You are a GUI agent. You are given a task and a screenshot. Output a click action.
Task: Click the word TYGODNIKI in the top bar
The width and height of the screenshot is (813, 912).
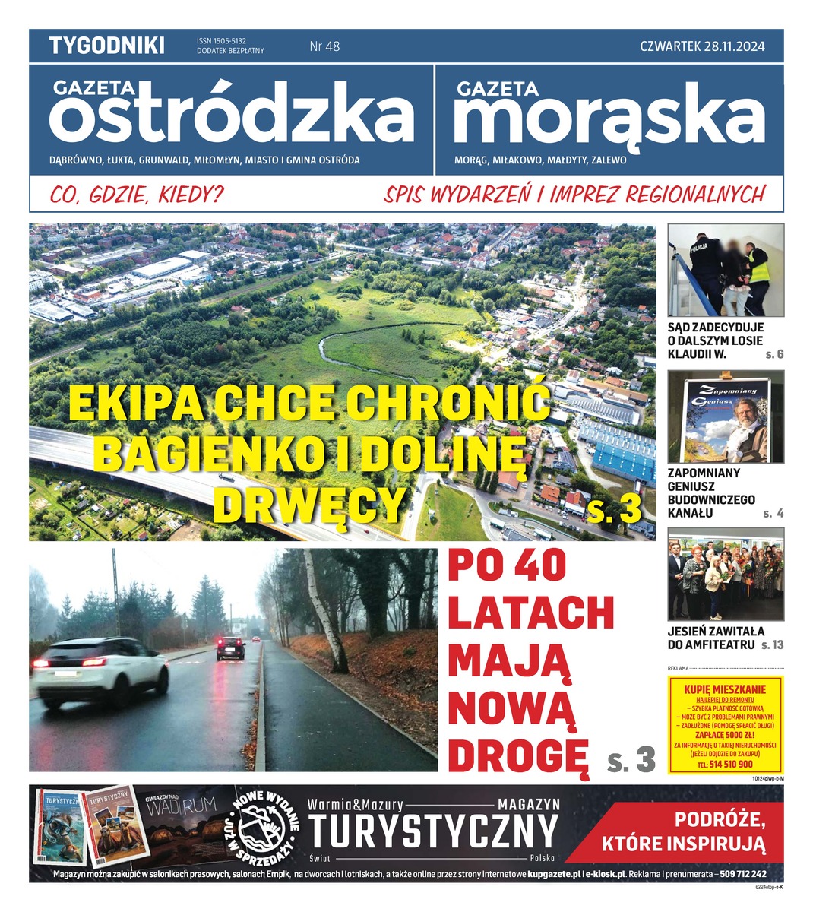[x=106, y=46]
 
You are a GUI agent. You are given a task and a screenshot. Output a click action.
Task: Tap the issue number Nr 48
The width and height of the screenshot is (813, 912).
[x=324, y=46]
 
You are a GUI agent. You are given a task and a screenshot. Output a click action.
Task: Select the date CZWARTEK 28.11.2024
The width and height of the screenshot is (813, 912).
[x=701, y=46]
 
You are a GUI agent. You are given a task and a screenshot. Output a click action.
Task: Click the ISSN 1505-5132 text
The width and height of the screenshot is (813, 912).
[x=221, y=41]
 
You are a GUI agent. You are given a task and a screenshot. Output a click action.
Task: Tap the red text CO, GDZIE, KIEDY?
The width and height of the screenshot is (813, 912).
[x=137, y=195]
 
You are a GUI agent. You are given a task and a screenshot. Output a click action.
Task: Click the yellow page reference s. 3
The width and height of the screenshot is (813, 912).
[x=615, y=510]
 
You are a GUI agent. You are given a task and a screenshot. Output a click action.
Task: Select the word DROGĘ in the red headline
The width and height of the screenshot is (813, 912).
[x=518, y=754]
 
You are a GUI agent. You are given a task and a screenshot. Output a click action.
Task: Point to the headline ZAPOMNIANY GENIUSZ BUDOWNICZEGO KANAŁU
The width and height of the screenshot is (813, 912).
[x=710, y=492]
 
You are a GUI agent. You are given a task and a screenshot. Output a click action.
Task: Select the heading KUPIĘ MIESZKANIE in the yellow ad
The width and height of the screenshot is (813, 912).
[x=725, y=689]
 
